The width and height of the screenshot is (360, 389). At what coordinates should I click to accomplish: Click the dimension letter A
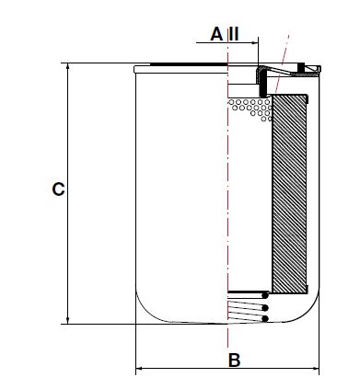click(x=216, y=34)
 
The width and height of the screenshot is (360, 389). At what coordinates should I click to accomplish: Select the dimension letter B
click(x=235, y=360)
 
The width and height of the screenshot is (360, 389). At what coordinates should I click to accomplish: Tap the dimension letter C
click(x=58, y=189)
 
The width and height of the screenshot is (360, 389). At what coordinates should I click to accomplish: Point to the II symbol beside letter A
click(x=234, y=34)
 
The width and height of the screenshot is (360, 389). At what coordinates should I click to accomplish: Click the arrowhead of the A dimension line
click(x=255, y=42)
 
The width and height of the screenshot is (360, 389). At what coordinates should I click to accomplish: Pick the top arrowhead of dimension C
click(x=67, y=67)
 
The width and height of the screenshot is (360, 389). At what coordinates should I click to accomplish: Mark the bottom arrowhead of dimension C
click(x=67, y=320)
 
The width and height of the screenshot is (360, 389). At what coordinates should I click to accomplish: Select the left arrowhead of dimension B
click(x=139, y=368)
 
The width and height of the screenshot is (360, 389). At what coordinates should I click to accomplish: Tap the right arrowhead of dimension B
click(x=316, y=368)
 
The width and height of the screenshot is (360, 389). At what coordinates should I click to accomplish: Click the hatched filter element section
click(x=289, y=194)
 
